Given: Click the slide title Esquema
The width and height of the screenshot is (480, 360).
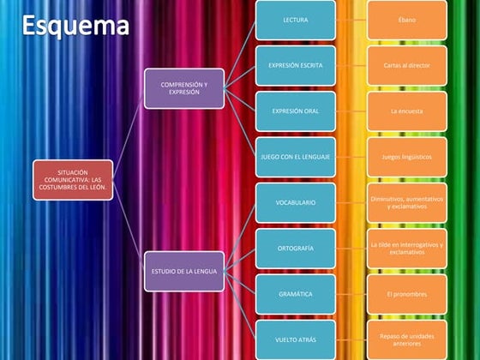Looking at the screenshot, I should [75, 26].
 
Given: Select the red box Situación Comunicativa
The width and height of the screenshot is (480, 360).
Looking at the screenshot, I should [72, 180].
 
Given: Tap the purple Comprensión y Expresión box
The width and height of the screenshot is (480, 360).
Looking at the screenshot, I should [184, 88].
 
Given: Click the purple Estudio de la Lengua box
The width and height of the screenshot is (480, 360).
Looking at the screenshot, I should [184, 271].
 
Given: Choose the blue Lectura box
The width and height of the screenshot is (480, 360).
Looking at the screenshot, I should [296, 19].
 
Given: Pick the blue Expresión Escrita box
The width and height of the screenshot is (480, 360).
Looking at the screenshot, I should [296, 64].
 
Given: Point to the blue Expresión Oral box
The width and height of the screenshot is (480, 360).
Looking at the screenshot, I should [296, 111].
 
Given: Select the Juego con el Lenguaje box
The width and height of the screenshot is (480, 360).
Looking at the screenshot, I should [296, 157].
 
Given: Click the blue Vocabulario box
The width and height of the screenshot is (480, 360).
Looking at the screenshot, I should [296, 202].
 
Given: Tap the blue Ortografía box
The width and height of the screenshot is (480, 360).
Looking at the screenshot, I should [296, 249].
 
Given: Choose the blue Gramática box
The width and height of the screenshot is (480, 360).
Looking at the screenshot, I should [296, 294].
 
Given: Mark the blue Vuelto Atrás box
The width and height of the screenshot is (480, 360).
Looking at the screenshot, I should [296, 339].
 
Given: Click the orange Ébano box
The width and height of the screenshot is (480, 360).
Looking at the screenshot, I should [407, 19].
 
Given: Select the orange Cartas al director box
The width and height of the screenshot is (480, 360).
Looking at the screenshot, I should [407, 64].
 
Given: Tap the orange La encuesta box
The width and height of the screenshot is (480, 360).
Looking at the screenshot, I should [407, 111].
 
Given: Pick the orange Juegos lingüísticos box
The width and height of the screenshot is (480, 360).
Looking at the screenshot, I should [407, 157].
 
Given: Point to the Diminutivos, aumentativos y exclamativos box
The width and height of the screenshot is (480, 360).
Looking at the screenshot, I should [407, 202].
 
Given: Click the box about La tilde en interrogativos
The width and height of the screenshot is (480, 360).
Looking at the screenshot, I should [407, 249].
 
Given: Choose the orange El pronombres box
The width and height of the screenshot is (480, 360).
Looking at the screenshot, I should [407, 294].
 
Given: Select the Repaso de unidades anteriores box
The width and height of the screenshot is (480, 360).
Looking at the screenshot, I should [407, 339].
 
